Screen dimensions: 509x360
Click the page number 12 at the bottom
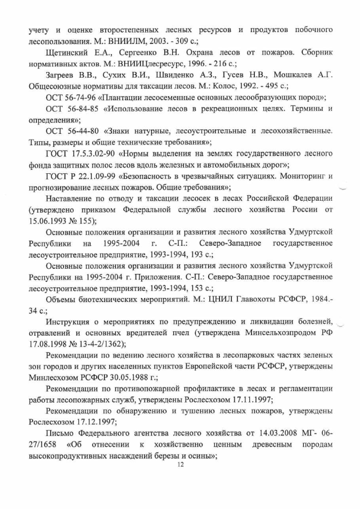point(181,465)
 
